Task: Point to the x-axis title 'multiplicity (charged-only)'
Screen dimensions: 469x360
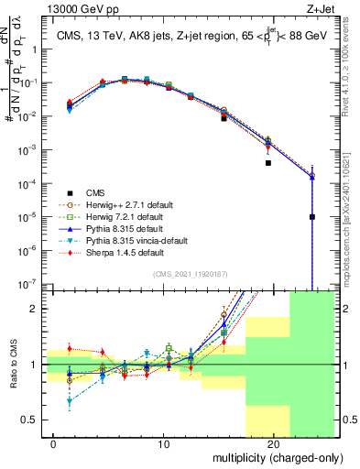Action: point(274,455)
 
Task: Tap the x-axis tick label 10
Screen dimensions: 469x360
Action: point(165,442)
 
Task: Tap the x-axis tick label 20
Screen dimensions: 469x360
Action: point(273,442)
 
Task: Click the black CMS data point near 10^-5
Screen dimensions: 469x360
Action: point(312,217)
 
